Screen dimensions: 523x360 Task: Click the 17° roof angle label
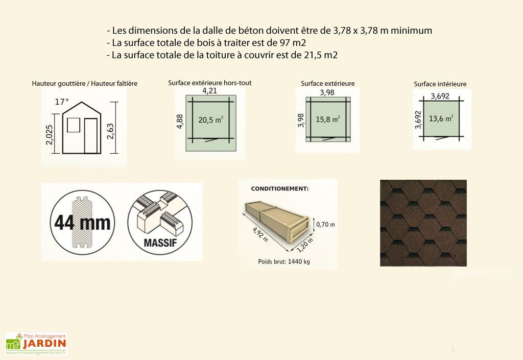tap(62, 102)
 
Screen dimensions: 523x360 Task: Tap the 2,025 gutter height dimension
tap(49, 135)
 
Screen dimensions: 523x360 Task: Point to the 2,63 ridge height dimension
tap(110, 131)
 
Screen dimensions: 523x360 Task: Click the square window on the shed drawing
tap(74, 125)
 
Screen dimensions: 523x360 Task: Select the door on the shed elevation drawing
tap(90, 136)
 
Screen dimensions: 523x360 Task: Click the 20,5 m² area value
tap(211, 119)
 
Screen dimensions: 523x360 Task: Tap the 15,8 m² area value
tap(328, 118)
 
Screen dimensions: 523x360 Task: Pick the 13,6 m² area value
tap(441, 118)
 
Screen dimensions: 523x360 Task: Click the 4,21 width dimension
tap(209, 91)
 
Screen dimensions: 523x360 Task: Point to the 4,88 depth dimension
tap(179, 122)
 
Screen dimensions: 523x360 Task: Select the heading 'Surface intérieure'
tap(440, 84)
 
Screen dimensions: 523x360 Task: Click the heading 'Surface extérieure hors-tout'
tap(210, 83)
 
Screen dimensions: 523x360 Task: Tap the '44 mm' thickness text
tap(82, 223)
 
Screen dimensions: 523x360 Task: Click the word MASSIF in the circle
tap(160, 243)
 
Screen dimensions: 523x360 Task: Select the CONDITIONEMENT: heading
tap(279, 188)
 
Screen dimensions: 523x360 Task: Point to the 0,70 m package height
tap(325, 225)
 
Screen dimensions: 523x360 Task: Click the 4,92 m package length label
tap(260, 234)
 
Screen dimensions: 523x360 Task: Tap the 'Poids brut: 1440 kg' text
tap(284, 261)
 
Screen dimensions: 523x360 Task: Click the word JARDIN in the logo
tap(44, 344)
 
